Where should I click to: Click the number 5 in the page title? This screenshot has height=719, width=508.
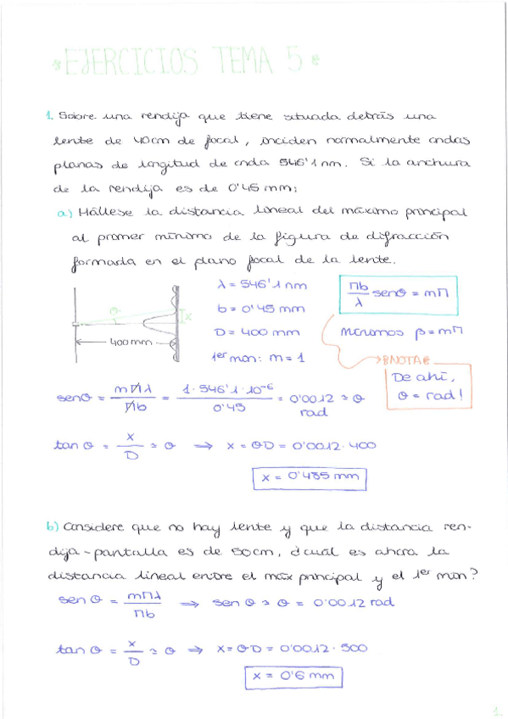[295, 61]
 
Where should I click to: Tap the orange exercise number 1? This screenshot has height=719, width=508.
[50, 115]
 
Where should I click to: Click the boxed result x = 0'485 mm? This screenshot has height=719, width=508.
[310, 478]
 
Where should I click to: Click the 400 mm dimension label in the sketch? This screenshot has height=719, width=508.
[127, 343]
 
